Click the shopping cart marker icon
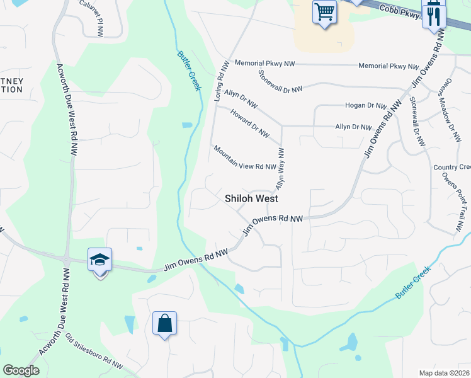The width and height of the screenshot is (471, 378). coord(324,12)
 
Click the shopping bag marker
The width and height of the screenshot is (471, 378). coord(164,324)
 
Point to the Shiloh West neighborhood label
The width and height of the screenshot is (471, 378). coord(252,198)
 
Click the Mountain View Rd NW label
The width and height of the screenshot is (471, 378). coord(244,159)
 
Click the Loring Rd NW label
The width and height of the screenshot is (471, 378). coord(220,82)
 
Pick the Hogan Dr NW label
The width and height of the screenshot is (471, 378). coord(365,106)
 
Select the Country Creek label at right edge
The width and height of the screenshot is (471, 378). coord(452,167)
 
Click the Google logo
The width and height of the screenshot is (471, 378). coord(21,370)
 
